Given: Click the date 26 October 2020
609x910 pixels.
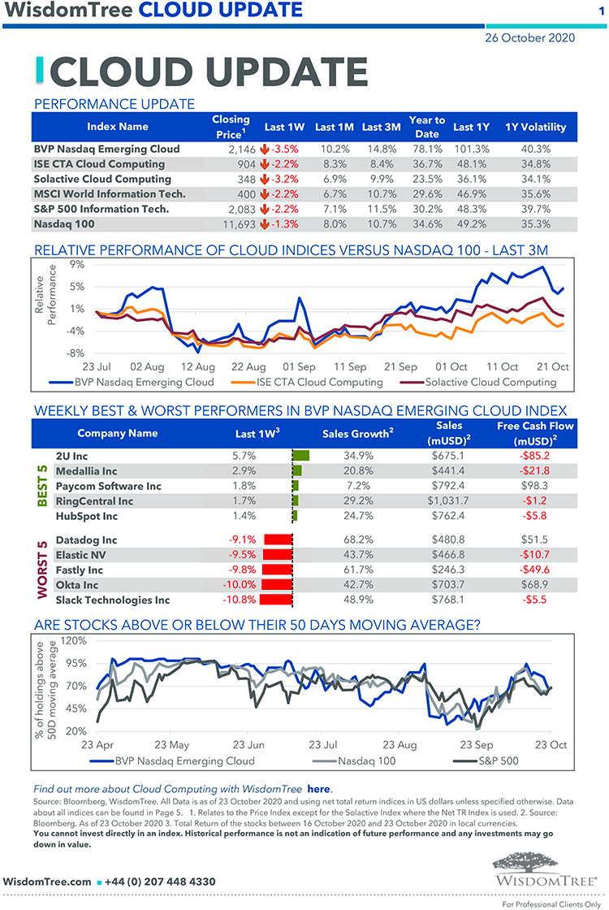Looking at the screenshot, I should (529, 37).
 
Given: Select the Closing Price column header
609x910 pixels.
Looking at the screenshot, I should (231, 126).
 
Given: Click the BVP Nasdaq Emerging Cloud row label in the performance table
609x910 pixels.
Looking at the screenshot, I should (106, 149).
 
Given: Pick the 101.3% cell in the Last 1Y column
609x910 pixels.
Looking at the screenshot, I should (472, 149).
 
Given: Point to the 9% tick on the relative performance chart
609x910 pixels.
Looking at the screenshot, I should (77, 264).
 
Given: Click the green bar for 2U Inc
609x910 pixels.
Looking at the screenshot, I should (301, 457).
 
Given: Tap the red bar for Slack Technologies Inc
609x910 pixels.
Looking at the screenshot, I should (277, 600).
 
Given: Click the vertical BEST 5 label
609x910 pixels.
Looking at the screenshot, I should (43, 486).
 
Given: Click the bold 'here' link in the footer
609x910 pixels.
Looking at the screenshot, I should (319, 788).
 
